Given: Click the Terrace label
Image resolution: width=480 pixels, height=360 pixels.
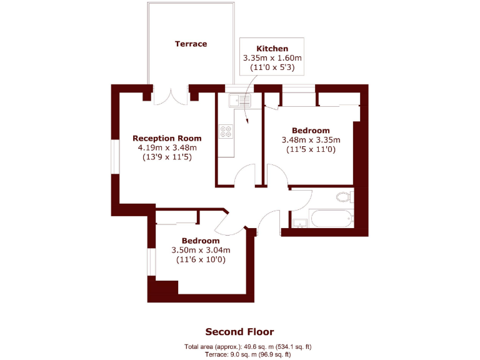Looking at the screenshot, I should tap(191, 44).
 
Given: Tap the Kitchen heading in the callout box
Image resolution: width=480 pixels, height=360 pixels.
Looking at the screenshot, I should tap(272, 48).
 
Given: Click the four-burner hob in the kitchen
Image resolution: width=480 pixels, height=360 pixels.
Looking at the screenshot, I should tap(226, 132).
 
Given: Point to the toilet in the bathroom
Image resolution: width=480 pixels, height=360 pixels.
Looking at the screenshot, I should tap(343, 197).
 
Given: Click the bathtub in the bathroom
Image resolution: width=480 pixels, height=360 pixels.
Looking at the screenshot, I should tap(331, 219).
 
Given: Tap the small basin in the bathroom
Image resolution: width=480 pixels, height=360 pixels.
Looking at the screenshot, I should tap(299, 222).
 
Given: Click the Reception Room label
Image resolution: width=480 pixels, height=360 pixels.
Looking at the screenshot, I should tap(167, 138).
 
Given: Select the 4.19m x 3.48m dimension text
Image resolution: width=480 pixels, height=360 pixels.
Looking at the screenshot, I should tap(167, 148).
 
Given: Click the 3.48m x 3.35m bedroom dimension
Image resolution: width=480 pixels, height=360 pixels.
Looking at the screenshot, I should tap(311, 140).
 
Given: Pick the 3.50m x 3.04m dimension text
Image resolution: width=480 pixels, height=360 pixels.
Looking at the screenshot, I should tap(201, 251).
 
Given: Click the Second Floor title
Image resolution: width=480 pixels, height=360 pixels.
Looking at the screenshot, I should tap(239, 332).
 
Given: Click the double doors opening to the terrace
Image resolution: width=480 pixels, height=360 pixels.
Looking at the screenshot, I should tap(171, 96).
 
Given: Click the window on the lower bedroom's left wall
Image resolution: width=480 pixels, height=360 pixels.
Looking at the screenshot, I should tap(151, 262).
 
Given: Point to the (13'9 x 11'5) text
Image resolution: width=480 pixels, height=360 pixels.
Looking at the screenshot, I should tap(167, 157).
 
